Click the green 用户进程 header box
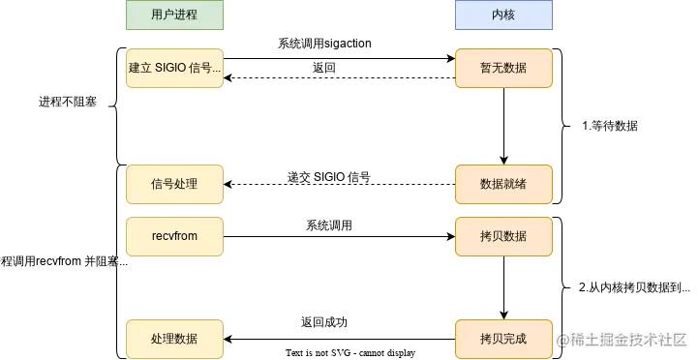(x=174, y=15)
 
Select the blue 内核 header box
(x=503, y=15)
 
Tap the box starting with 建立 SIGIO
(x=174, y=69)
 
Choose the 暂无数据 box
(x=503, y=69)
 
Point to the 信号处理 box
(x=174, y=184)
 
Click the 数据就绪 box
(x=503, y=184)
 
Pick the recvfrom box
(x=174, y=236)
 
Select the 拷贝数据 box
(x=503, y=236)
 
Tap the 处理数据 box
(x=174, y=340)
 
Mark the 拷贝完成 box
(x=503, y=340)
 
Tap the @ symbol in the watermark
(x=563, y=339)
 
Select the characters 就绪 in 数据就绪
(x=515, y=184)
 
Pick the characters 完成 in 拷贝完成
(x=515, y=340)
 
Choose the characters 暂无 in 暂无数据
(x=492, y=69)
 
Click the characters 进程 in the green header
(x=186, y=15)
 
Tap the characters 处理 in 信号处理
(x=186, y=184)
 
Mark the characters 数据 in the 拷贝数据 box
(x=515, y=236)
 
